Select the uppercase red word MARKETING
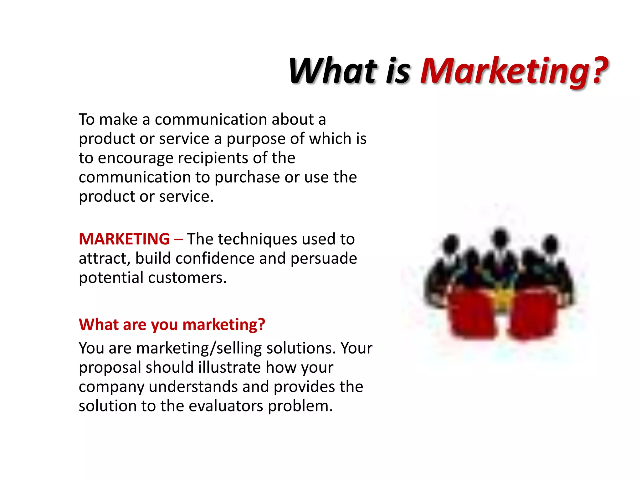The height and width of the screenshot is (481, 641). click(124, 239)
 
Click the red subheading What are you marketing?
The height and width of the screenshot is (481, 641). click(172, 325)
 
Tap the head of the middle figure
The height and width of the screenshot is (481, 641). click(500, 236)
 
